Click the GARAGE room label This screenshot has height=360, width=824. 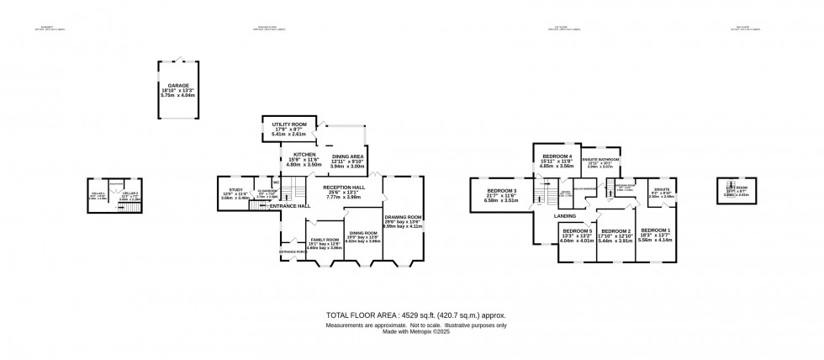coord(177,86)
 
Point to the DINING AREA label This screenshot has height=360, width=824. coord(347,157)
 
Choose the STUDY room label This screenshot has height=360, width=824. coord(235,190)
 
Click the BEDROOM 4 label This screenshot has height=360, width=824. coord(557,157)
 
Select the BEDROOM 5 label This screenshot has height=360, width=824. coord(578,231)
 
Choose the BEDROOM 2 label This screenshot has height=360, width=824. coord(616,231)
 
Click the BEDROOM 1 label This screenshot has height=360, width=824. coord(655,230)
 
